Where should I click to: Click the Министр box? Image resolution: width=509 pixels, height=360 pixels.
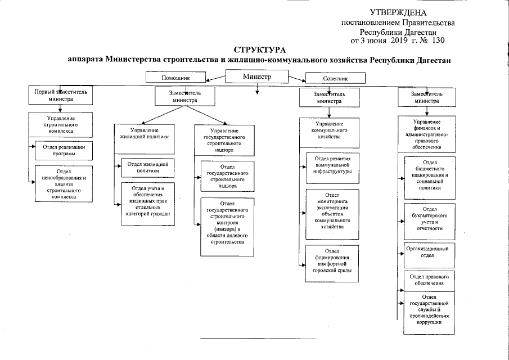(257, 76)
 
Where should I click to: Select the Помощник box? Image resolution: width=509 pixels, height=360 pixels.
(175, 78)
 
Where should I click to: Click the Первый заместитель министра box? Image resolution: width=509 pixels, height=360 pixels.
(61, 94)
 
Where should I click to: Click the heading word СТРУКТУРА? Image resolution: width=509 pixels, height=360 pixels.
(255, 51)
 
